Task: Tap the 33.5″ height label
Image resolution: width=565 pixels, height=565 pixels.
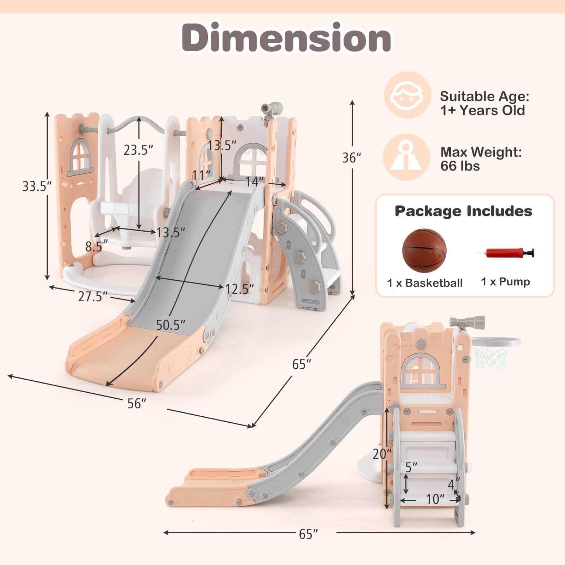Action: pyautogui.click(x=37, y=186)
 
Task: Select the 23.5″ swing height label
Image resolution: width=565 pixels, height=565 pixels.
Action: pyautogui.click(x=138, y=150)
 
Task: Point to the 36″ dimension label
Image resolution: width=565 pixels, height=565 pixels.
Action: pyautogui.click(x=352, y=157)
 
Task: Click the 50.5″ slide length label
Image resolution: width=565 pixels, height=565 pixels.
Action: pyautogui.click(x=171, y=325)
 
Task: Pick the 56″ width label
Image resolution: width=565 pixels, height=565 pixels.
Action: pyautogui.click(x=137, y=403)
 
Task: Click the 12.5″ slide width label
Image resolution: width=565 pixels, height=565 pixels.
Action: pyautogui.click(x=240, y=289)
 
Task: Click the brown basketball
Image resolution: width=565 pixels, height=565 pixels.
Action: pyautogui.click(x=424, y=251)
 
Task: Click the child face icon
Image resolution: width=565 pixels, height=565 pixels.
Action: pyautogui.click(x=408, y=95)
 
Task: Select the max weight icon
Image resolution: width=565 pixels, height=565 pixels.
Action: pyautogui.click(x=406, y=157)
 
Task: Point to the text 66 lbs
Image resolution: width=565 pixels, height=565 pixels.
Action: pyautogui.click(x=460, y=166)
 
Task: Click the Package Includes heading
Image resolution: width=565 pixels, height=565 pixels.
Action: pyautogui.click(x=463, y=211)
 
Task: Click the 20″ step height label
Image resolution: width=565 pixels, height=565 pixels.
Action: pyautogui.click(x=382, y=453)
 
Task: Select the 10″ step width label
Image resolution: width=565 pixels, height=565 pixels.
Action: pyautogui.click(x=435, y=499)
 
